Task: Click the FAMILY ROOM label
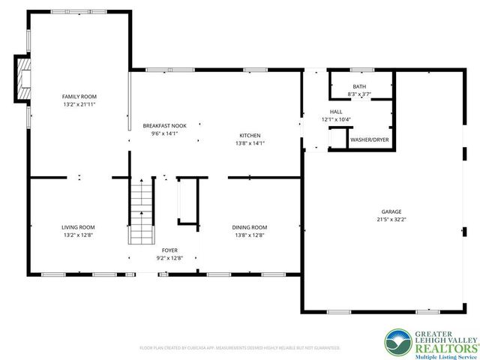click(79, 97)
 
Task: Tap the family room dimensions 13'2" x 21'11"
click(79, 105)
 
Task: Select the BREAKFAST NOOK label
click(164, 125)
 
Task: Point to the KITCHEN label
click(250, 134)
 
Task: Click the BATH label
click(359, 86)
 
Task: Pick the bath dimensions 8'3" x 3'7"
click(359, 94)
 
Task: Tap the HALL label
click(336, 112)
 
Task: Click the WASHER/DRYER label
click(370, 139)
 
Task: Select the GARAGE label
click(391, 211)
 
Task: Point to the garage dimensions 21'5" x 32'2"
click(391, 220)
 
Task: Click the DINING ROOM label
click(249, 227)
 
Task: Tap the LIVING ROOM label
click(78, 227)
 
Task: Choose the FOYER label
click(169, 250)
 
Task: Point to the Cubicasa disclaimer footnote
click(240, 348)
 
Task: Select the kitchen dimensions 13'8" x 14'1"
click(250, 142)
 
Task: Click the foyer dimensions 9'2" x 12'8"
click(169, 258)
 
